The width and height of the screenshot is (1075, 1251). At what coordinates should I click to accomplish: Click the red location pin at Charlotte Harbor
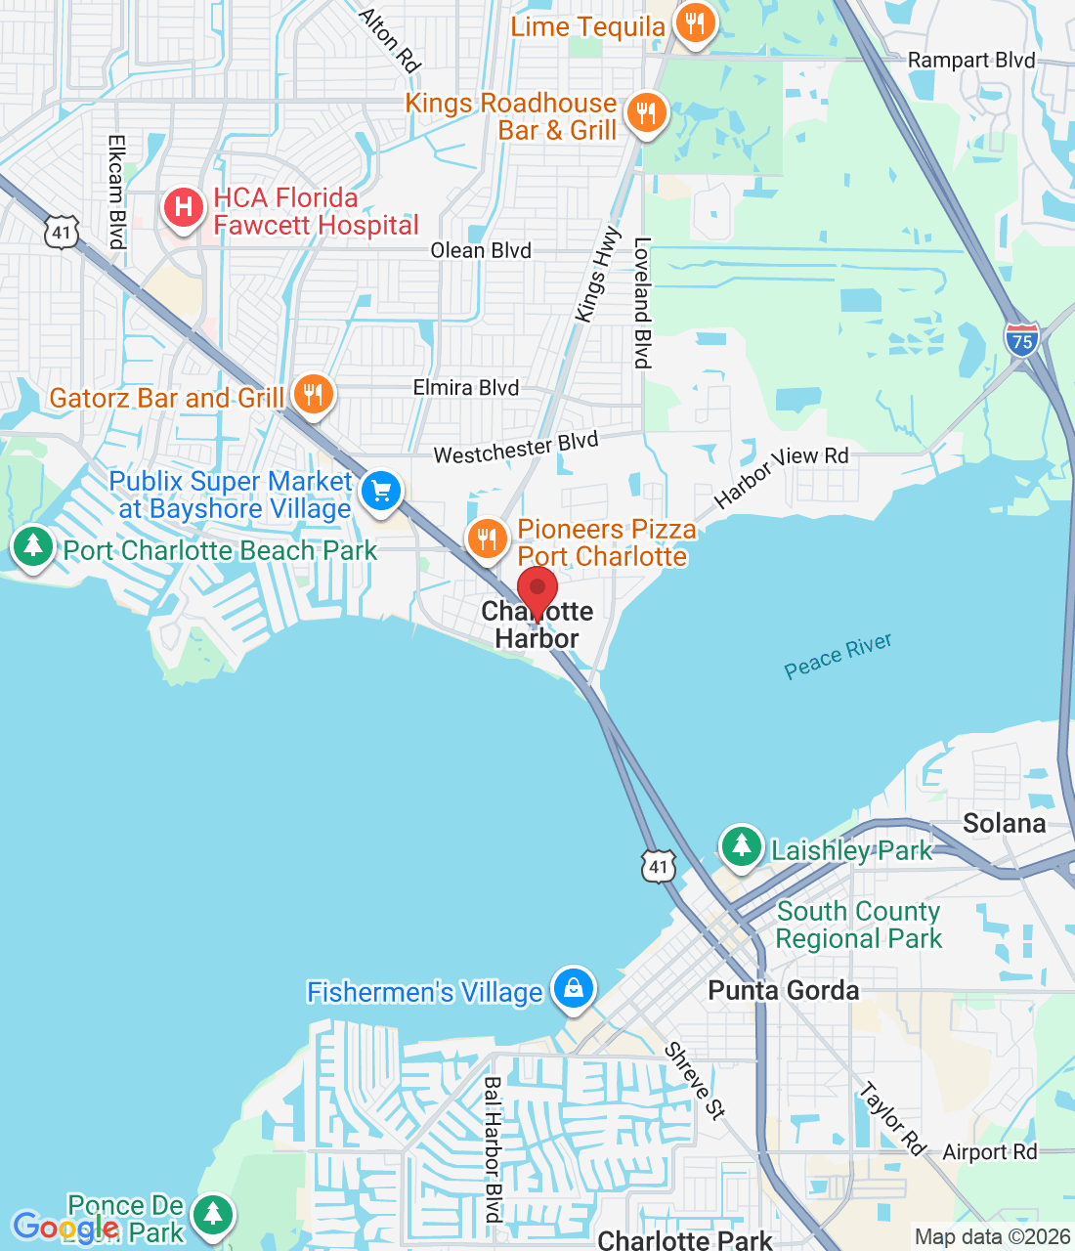(537, 589)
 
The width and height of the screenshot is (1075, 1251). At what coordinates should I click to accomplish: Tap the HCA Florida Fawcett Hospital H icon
(183, 208)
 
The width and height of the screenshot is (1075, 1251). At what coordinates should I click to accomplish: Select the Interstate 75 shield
(1021, 339)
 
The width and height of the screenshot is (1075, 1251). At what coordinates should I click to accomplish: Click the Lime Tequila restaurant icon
(695, 23)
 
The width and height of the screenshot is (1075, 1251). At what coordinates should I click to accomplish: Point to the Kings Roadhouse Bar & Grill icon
(645, 113)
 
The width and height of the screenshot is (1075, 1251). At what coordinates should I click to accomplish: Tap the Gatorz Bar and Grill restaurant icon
(313, 395)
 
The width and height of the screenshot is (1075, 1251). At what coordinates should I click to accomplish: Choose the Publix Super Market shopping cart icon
(381, 491)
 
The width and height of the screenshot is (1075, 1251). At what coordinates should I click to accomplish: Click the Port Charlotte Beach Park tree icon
(33, 546)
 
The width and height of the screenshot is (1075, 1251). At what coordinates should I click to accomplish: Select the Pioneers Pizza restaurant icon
(486, 539)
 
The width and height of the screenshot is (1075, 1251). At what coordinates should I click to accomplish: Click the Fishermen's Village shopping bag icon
(574, 989)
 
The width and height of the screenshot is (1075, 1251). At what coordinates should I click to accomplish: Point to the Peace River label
(838, 656)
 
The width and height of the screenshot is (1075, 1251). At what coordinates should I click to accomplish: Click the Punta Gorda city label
(783, 990)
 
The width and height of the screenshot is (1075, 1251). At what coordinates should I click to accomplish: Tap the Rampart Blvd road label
(970, 61)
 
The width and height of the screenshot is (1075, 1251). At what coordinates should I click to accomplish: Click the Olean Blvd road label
(481, 250)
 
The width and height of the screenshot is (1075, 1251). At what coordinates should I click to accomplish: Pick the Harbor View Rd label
(781, 477)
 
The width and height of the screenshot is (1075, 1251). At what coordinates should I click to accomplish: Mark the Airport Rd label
(989, 1152)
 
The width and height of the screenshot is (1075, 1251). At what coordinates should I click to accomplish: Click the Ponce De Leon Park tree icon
(212, 1215)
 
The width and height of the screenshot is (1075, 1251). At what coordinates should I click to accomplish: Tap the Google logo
(65, 1227)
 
